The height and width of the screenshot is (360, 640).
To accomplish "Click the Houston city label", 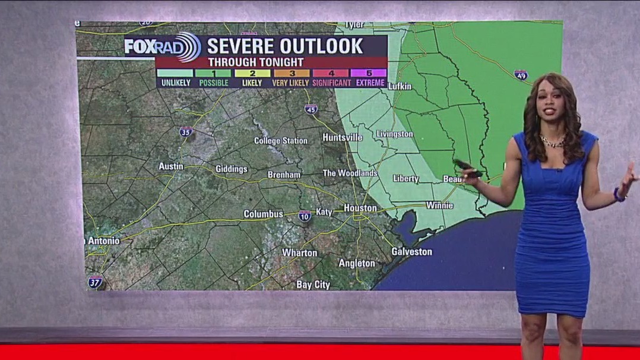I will (x=360, y=208).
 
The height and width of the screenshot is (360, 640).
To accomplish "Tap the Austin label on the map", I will (x=171, y=166).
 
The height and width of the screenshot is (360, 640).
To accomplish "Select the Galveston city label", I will (x=411, y=252).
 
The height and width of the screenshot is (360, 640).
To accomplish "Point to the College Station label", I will (x=281, y=141).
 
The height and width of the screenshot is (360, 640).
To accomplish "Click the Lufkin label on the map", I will (x=400, y=87).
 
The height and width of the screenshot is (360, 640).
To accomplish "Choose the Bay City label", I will (x=313, y=285).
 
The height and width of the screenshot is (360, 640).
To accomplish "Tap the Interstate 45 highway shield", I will (x=311, y=109).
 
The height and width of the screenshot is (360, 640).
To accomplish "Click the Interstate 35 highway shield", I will (x=186, y=132).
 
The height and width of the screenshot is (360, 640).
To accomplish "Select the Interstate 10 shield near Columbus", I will (x=305, y=216).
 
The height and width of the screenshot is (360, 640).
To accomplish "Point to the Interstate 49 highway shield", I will (x=521, y=75).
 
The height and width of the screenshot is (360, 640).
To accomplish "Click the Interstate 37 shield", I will (x=94, y=282).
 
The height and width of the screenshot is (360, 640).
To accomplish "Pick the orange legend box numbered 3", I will (x=292, y=73).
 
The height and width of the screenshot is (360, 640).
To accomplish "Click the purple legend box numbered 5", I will (x=369, y=73).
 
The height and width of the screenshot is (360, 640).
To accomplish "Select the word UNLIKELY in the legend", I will (x=176, y=83).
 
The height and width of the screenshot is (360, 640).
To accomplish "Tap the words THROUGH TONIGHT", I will (x=256, y=62).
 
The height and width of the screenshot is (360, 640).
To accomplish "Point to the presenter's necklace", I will (x=552, y=142).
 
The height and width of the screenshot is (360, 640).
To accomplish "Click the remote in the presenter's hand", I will (x=467, y=168).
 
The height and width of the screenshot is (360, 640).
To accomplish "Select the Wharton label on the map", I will (x=299, y=252).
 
